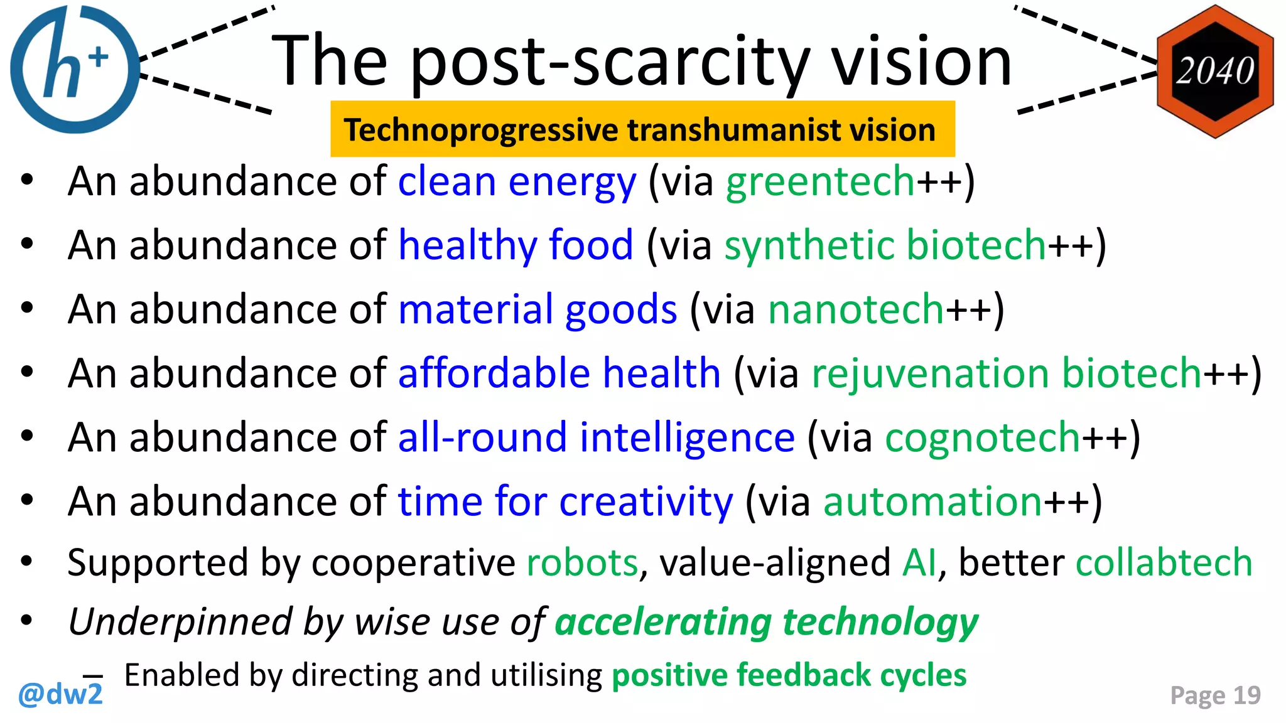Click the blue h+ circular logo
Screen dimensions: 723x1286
point(74,69)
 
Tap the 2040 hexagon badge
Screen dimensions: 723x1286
point(1215,71)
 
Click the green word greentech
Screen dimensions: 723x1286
point(820,182)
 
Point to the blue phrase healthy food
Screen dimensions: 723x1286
point(516,245)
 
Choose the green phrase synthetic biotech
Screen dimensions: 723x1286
point(885,245)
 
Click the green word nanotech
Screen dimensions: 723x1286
point(856,309)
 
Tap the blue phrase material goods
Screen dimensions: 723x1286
point(538,309)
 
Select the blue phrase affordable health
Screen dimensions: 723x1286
point(559,373)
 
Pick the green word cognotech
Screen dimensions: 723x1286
point(982,437)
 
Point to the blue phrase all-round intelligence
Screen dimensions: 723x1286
point(596,437)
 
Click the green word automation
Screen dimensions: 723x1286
point(932,501)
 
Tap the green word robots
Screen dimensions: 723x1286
point(582,562)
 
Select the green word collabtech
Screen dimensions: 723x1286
point(1164,562)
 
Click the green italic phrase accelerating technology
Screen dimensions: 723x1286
point(766,623)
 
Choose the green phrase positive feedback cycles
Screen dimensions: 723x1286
point(789,675)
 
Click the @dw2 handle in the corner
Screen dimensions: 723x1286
point(60,695)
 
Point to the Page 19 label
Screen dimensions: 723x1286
point(1215,695)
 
